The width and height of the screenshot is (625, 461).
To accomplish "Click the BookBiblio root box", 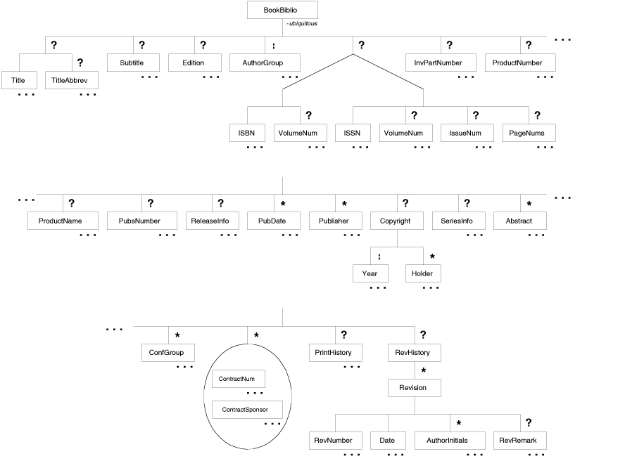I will click(282, 10).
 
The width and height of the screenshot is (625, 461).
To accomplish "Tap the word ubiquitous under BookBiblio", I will click(303, 24).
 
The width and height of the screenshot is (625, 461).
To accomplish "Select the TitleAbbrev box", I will click(71, 80).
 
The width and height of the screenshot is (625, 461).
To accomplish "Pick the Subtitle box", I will click(132, 63).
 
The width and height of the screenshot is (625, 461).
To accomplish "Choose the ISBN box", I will click(247, 133).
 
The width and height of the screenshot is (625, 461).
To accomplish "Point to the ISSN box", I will click(353, 133).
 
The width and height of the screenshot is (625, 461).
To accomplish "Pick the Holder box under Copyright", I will click(422, 273).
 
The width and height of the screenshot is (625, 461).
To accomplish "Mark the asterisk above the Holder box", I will click(433, 257).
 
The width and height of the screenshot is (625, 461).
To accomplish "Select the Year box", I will click(370, 273).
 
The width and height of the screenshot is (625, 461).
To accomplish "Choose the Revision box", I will click(415, 387).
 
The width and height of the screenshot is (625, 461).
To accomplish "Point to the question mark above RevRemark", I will click(528, 423).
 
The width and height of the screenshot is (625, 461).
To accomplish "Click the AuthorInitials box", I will click(450, 441).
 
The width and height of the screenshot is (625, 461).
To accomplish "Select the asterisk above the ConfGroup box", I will click(178, 336).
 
